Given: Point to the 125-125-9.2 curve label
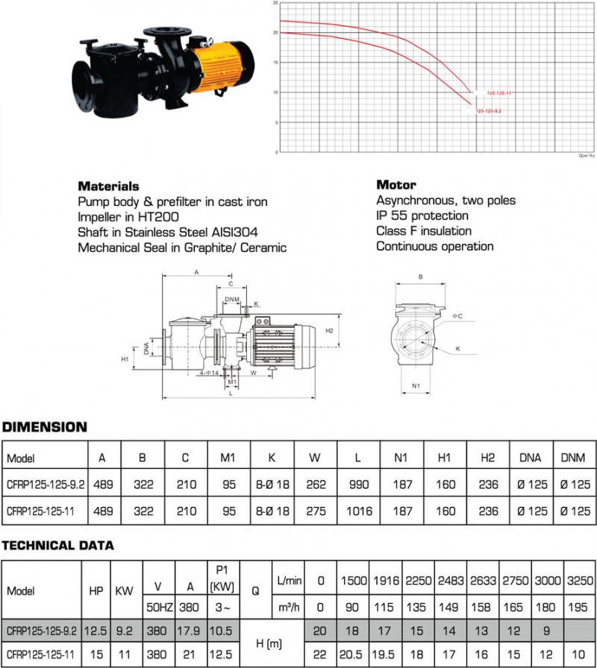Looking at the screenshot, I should coord(499,110).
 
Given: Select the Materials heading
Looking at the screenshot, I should coord(108,186).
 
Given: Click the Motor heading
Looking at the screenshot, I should coord(396,185).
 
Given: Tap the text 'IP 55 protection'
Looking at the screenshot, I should coord(422,216).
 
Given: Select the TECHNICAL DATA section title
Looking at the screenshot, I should coord(57,545).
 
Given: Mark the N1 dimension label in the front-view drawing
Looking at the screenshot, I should coord(419,386).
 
